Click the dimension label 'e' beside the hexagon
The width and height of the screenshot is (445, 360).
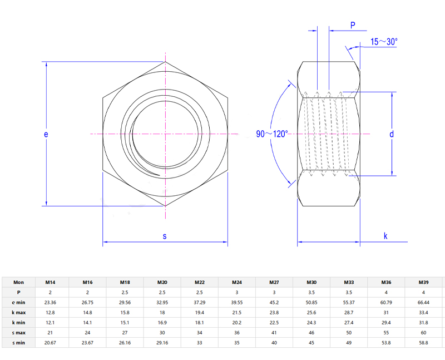(47, 134)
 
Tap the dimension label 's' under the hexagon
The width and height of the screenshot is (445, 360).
(165, 236)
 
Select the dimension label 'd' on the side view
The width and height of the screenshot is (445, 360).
(392, 134)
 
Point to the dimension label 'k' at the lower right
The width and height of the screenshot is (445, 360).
(385, 236)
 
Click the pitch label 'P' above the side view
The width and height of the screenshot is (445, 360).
(353, 25)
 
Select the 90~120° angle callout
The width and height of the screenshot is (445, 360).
(272, 134)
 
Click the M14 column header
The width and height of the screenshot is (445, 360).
(50, 282)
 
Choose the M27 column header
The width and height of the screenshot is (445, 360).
(274, 282)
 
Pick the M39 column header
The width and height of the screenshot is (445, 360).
(423, 282)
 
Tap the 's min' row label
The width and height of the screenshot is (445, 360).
(19, 343)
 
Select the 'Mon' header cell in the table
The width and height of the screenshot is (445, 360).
(19, 282)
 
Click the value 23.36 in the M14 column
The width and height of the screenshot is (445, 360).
(50, 302)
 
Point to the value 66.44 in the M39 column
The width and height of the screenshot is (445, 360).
(423, 302)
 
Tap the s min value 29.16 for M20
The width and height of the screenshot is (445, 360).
(162, 343)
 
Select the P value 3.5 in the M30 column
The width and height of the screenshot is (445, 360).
(311, 292)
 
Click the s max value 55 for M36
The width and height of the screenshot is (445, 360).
(386, 333)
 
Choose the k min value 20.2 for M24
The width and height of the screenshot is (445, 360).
(236, 323)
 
